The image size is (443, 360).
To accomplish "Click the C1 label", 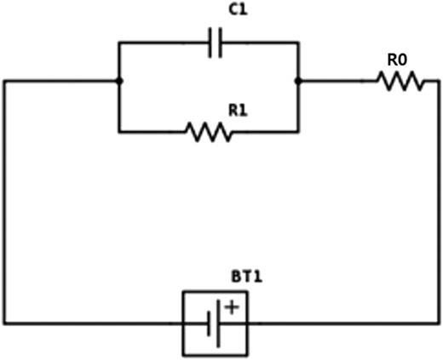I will [215, 11].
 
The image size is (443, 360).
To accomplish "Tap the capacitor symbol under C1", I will [215, 43].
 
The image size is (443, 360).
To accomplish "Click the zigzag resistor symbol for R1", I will [208, 132].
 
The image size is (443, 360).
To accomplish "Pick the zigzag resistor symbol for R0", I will [400, 82].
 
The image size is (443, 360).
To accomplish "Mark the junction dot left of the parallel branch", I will [118, 82].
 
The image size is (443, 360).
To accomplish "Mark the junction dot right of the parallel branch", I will [297, 82].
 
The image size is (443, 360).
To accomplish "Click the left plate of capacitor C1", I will [210, 43].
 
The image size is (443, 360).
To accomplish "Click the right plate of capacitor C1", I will [221, 43].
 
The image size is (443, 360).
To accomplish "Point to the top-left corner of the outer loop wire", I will [4, 82].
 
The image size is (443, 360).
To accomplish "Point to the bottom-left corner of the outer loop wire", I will [4, 323].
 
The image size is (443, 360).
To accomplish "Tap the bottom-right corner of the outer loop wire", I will [440, 323].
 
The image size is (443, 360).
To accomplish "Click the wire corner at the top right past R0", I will [440, 82].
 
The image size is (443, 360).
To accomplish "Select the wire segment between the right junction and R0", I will [337, 82].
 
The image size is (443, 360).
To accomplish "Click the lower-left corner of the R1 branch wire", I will [118, 132].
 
